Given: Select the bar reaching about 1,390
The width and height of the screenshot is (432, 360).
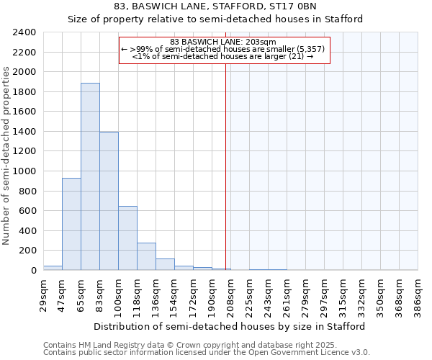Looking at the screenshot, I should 109,201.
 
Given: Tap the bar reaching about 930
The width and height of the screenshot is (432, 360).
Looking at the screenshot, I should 71,224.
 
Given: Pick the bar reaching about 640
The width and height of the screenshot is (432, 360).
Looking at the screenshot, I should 127,238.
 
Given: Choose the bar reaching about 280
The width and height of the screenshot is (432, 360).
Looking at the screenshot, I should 146,256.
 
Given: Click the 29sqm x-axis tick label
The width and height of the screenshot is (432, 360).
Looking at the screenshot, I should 43,292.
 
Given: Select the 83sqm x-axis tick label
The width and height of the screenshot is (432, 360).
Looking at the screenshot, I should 99,292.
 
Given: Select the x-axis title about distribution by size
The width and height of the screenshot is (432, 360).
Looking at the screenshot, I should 230,326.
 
